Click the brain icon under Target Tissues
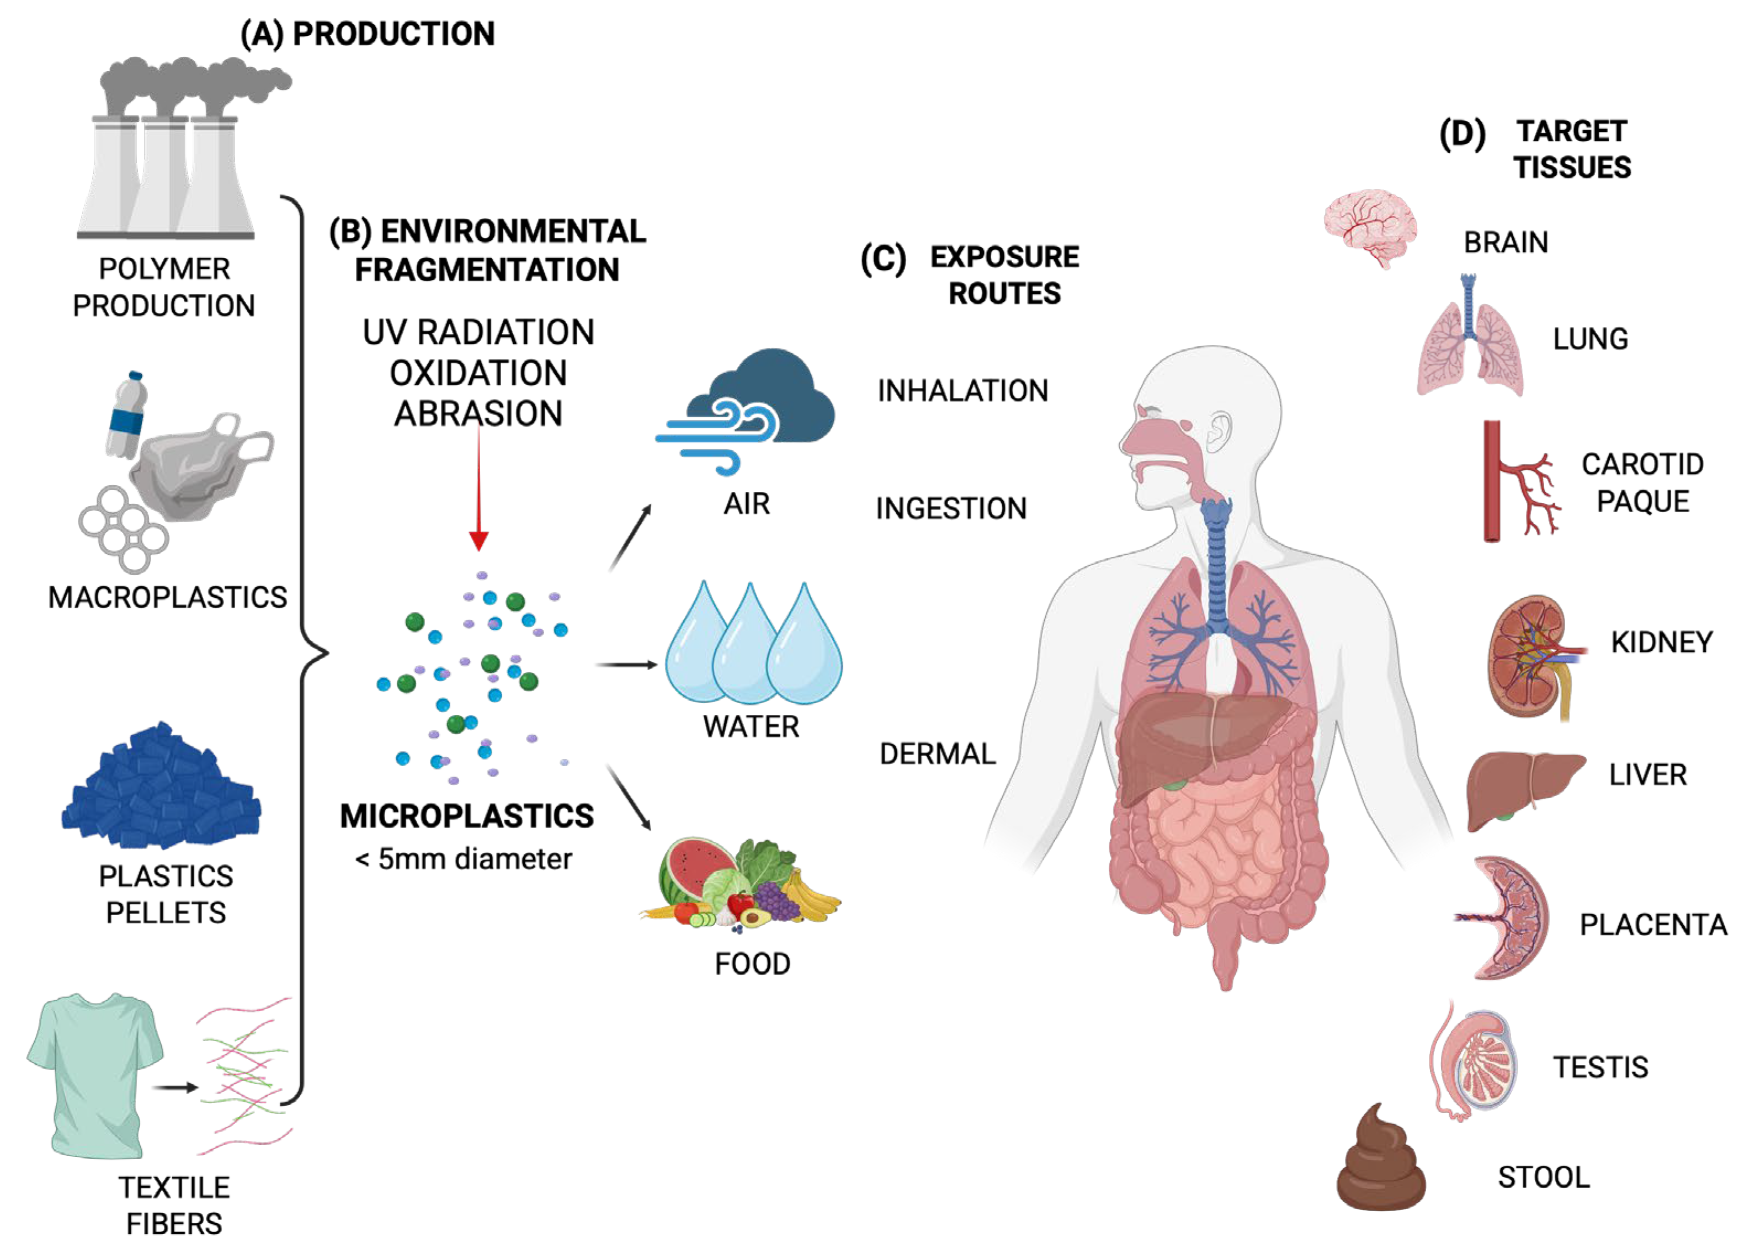coord(1369,228)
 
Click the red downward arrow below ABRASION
coord(478,491)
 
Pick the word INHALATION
coord(962,391)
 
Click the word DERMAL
coord(937,754)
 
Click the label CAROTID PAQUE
coord(1642,482)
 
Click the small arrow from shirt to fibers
coord(175,1087)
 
